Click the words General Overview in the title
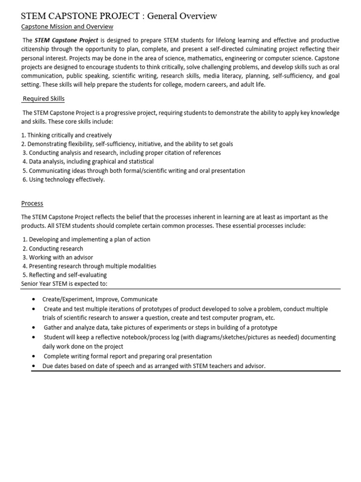(x=182, y=16)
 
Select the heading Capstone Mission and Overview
(x=67, y=27)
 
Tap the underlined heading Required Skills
(x=44, y=99)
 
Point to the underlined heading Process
(x=32, y=203)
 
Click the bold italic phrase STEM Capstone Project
(x=66, y=40)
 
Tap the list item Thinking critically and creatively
(x=66, y=135)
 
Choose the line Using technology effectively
(x=63, y=180)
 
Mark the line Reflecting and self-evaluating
(x=64, y=275)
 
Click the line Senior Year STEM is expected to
(x=64, y=284)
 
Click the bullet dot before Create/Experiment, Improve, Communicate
(x=33, y=299)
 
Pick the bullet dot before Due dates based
(x=33, y=366)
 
